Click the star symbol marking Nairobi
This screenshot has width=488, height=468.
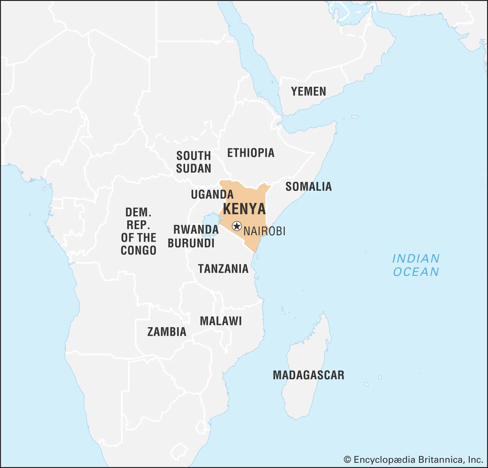[x=237, y=226]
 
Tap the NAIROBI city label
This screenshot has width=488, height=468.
[x=264, y=231]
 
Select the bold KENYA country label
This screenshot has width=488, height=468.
[x=244, y=209]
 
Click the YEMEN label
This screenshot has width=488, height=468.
[x=308, y=91]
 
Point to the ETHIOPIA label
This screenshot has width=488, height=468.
[x=251, y=153]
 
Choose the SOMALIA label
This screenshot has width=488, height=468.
[x=308, y=186]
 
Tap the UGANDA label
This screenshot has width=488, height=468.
[x=212, y=194]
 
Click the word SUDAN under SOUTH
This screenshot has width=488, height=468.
[x=193, y=168]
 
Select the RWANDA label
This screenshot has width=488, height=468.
[x=196, y=229]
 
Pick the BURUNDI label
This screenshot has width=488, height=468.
[x=191, y=243]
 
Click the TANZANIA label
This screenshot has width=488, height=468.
[x=223, y=269]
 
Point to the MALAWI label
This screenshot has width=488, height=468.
[x=221, y=321]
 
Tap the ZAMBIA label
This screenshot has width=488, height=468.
[x=167, y=332]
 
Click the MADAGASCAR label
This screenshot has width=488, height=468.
[x=308, y=375]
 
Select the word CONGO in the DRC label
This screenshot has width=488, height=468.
[x=138, y=250]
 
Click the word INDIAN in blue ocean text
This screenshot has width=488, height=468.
[x=416, y=259]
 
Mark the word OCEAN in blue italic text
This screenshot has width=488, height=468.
[x=416, y=272]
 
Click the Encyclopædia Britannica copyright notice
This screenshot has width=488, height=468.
[x=413, y=459]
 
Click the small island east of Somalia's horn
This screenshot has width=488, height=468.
[x=355, y=116]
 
